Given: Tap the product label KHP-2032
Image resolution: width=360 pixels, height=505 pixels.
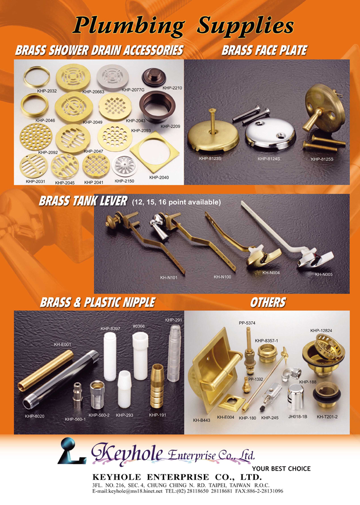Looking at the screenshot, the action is click(x=47, y=91).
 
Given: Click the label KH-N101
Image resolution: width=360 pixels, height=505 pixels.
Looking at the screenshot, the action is click(x=169, y=277).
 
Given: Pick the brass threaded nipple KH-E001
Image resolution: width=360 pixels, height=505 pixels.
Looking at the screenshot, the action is click(x=46, y=370).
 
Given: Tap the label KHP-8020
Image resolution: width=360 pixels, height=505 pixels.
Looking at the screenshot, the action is click(x=35, y=416).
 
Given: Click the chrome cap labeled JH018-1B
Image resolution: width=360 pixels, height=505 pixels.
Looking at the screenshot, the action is click(x=296, y=397).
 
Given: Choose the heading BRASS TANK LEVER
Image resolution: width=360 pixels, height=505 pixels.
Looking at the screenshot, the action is click(x=83, y=201).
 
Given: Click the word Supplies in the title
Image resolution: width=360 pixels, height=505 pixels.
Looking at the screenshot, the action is click(x=245, y=26).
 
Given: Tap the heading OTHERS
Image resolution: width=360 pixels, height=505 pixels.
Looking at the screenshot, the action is click(x=268, y=302).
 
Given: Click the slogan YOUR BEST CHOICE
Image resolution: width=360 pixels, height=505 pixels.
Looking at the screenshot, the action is click(x=281, y=469).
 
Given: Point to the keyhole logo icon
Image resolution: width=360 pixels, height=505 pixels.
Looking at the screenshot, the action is click(x=72, y=451).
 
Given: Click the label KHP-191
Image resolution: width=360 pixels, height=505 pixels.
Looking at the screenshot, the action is click(x=157, y=415).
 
